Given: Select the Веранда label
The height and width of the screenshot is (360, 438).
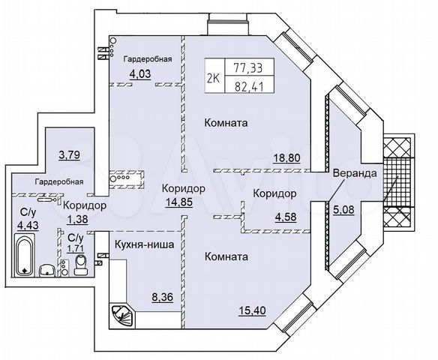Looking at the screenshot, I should (356, 173).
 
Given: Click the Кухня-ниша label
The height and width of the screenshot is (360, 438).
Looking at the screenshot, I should (145, 244).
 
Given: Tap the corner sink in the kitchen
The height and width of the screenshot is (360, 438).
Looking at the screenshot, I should (121, 313).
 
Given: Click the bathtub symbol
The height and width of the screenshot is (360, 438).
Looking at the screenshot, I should (24, 255).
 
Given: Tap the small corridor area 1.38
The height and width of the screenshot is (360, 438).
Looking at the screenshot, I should (76, 219).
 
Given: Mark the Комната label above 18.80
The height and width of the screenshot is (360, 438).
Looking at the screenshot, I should (226, 121).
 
